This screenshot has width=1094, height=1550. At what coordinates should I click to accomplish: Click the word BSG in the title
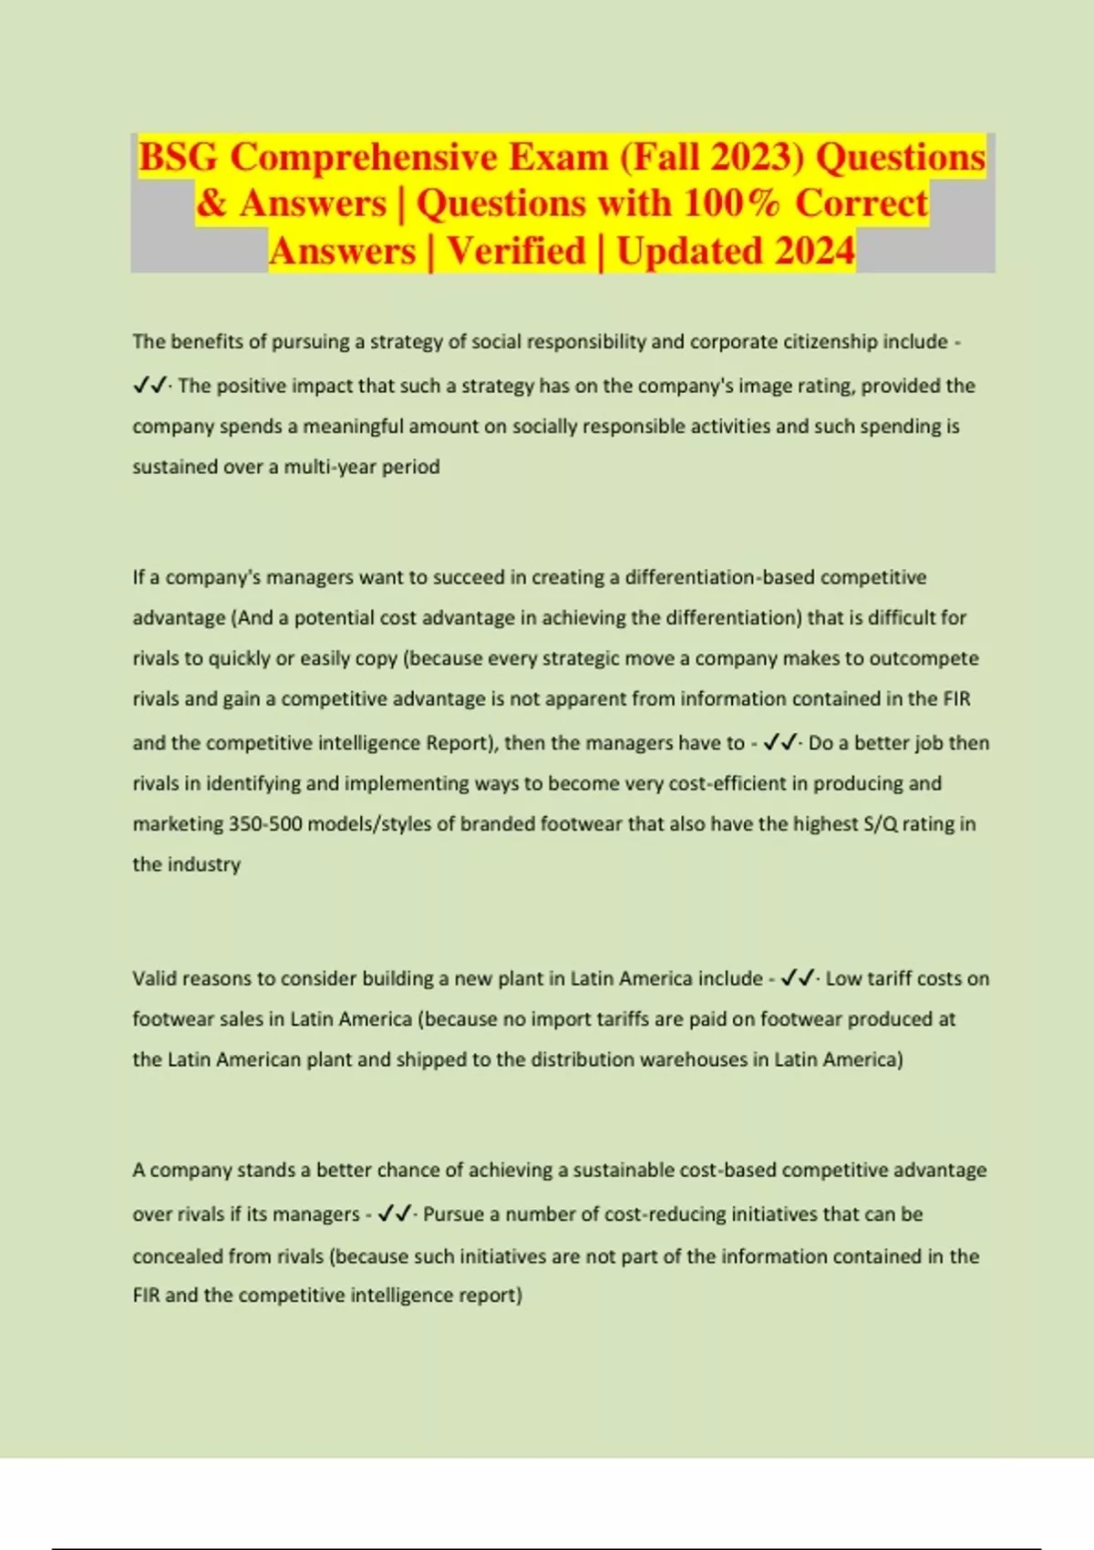point(179,157)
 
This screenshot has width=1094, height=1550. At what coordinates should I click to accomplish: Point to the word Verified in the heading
point(516,252)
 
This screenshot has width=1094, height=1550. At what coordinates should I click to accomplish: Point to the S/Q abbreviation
point(880,824)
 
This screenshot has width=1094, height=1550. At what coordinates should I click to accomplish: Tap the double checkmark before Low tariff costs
point(798,978)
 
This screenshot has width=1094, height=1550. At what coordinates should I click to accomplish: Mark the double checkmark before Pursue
point(395,1214)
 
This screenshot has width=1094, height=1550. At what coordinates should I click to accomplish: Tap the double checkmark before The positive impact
point(150,387)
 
